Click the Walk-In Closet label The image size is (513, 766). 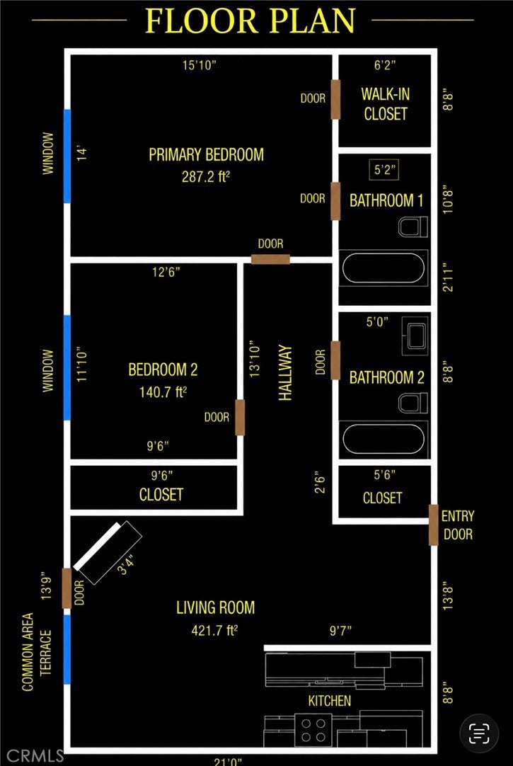click(385, 103)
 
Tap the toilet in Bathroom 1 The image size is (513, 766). click(413, 227)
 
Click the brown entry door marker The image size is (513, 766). click(433, 525)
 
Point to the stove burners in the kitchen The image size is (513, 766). click(313, 730)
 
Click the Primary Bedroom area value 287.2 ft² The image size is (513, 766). click(205, 176)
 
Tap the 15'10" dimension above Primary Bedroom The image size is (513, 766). click(199, 65)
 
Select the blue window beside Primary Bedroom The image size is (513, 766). click(67, 156)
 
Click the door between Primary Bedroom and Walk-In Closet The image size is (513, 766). click(335, 99)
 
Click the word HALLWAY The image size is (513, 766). click(285, 373)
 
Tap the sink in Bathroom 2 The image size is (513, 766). click(415, 336)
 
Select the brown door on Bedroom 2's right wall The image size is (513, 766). click(240, 417)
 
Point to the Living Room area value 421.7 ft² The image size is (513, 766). click(214, 631)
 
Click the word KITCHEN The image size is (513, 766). click(330, 701)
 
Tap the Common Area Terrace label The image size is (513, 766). click(37, 652)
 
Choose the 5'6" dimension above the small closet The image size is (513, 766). click(385, 474)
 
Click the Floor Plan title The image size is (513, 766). click(250, 21)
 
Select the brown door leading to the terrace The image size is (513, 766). click(67, 589)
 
